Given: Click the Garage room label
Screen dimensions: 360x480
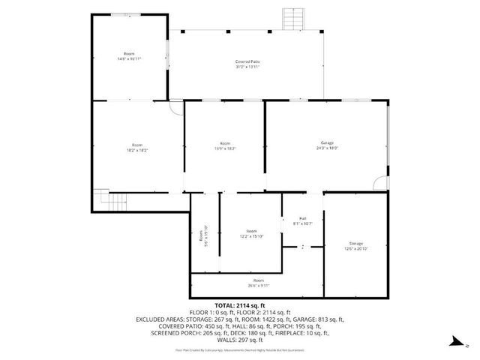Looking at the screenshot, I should pos(327,142).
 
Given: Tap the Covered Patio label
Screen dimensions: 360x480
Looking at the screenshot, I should pos(247,61).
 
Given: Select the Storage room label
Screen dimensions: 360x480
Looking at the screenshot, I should pos(355,244).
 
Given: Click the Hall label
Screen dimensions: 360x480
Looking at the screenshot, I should pos(302,218).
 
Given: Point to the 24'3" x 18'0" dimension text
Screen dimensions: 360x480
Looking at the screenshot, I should pos(327,148).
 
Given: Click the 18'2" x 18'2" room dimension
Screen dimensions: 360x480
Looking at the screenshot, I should pos(137,150).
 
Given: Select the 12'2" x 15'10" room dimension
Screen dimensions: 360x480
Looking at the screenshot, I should pos(252,236).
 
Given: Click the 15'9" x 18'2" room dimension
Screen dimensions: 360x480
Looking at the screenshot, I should pos(225,148).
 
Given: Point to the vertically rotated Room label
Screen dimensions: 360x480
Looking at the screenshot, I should pos(201,235).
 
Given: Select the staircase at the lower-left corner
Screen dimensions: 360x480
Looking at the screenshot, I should pos(113,200).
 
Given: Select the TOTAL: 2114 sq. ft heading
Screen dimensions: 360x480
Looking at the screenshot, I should pos(240,306).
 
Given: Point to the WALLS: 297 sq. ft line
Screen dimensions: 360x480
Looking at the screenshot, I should pos(240,338).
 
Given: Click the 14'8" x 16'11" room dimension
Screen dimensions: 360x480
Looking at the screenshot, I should pos(129,58).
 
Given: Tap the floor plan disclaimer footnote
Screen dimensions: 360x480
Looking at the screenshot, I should pos(240,349).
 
